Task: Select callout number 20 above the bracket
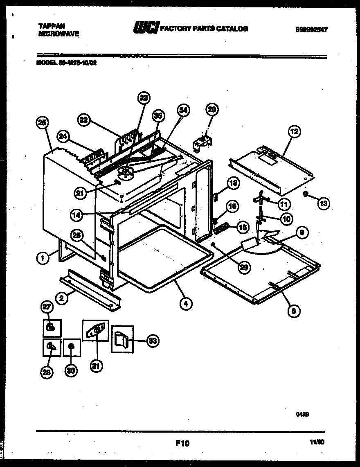pyautogui.click(x=211, y=109)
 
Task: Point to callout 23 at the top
pyautogui.click(x=144, y=98)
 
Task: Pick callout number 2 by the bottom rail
pyautogui.click(x=61, y=298)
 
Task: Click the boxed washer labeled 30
pyautogui.click(x=71, y=347)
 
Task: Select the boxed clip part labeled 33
pyautogui.click(x=122, y=338)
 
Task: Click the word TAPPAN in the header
pyautogui.click(x=47, y=25)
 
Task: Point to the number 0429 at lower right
pyautogui.click(x=302, y=414)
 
